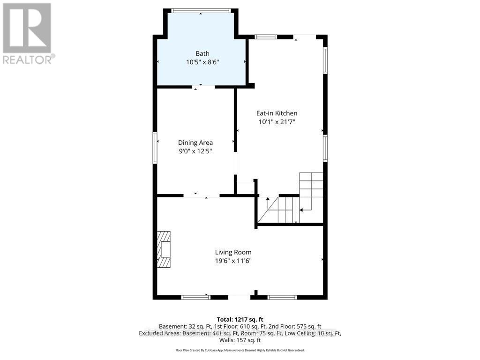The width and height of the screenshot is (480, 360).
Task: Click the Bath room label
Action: [202, 53]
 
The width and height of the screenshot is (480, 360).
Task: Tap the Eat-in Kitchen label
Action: [277, 113]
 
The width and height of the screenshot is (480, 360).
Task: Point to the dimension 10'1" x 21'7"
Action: [277, 122]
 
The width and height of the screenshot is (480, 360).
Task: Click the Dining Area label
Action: [195, 142]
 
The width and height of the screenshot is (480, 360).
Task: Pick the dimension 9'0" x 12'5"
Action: [195, 151]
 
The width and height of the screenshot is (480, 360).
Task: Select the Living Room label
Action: [233, 252]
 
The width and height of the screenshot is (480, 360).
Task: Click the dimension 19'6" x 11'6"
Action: [233, 261]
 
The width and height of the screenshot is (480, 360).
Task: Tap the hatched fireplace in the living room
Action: [164, 249]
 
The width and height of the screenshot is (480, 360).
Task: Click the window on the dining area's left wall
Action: [155, 148]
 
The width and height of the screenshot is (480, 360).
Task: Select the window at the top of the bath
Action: [201, 10]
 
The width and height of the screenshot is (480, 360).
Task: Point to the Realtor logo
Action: [27, 33]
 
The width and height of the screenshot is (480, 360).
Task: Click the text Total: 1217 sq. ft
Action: [240, 319]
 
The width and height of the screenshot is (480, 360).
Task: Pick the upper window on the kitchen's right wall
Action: [325, 60]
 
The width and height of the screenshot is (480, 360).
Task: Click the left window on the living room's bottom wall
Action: [195, 297]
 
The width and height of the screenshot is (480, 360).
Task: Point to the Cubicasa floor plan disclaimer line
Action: [240, 350]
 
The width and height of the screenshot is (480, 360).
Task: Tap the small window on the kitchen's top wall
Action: [266, 37]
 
